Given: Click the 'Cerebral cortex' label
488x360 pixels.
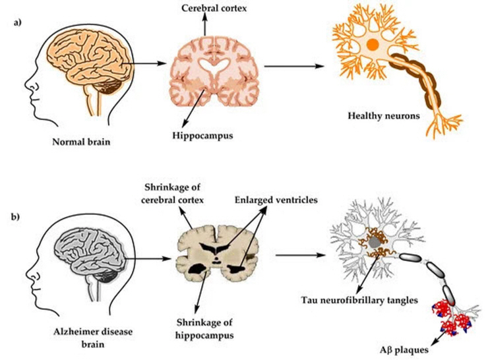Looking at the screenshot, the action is click(x=214, y=8).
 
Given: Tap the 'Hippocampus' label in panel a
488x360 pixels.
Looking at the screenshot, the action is click(x=202, y=136).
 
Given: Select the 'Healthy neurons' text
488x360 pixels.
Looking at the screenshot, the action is click(x=384, y=116).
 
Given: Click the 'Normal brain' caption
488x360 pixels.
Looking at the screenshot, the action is click(x=81, y=142).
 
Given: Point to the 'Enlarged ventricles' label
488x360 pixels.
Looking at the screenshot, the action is click(x=276, y=200).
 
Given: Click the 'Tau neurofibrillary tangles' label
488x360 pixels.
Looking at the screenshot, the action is click(x=359, y=300).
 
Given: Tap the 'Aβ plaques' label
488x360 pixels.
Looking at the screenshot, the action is click(x=404, y=350).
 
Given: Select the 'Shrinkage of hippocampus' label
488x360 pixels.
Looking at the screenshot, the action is click(x=204, y=328).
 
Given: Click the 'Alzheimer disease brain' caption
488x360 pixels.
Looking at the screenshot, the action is click(x=93, y=338).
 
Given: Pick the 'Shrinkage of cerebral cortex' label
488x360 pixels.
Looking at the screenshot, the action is click(x=172, y=193).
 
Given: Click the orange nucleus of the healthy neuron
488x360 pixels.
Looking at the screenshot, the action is click(x=373, y=45).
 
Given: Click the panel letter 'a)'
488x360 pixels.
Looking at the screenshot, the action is click(x=17, y=22).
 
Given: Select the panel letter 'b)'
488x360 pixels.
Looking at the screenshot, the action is click(x=16, y=216).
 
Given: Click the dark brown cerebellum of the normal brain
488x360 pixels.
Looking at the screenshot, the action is click(x=110, y=86).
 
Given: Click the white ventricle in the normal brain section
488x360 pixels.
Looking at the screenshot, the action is click(x=214, y=67).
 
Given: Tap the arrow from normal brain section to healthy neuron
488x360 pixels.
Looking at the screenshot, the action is click(x=294, y=67).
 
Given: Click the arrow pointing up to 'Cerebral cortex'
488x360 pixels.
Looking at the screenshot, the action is click(x=205, y=25).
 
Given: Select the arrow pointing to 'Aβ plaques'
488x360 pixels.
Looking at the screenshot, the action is click(x=439, y=337).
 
